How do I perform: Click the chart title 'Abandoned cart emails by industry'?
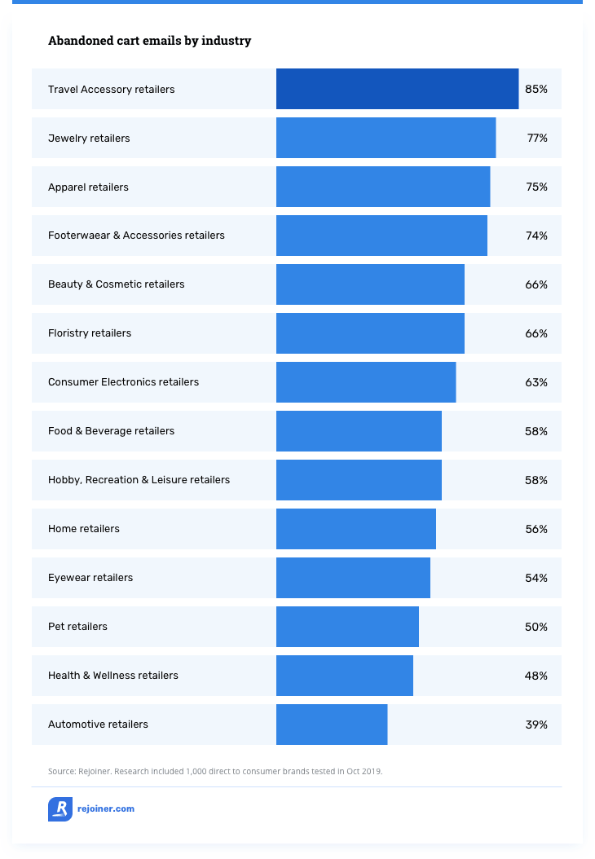149,41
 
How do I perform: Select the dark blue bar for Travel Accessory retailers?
397,89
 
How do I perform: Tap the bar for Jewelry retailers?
386,138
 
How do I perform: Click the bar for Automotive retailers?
332,725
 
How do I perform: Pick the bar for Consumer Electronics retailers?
366,382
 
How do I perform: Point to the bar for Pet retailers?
347,627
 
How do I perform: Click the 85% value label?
536,89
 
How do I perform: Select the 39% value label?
536,725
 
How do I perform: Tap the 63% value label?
536,382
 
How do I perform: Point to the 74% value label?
536,236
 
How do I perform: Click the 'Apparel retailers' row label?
88,187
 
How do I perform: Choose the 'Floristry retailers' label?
90,333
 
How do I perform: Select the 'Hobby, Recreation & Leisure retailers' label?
139,480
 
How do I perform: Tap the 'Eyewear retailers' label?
90,578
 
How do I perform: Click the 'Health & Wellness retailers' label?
113,676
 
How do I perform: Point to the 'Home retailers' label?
84,529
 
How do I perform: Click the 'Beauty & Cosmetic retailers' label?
117,284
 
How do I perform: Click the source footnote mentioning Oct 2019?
215,770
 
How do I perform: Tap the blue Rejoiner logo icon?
60,809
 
